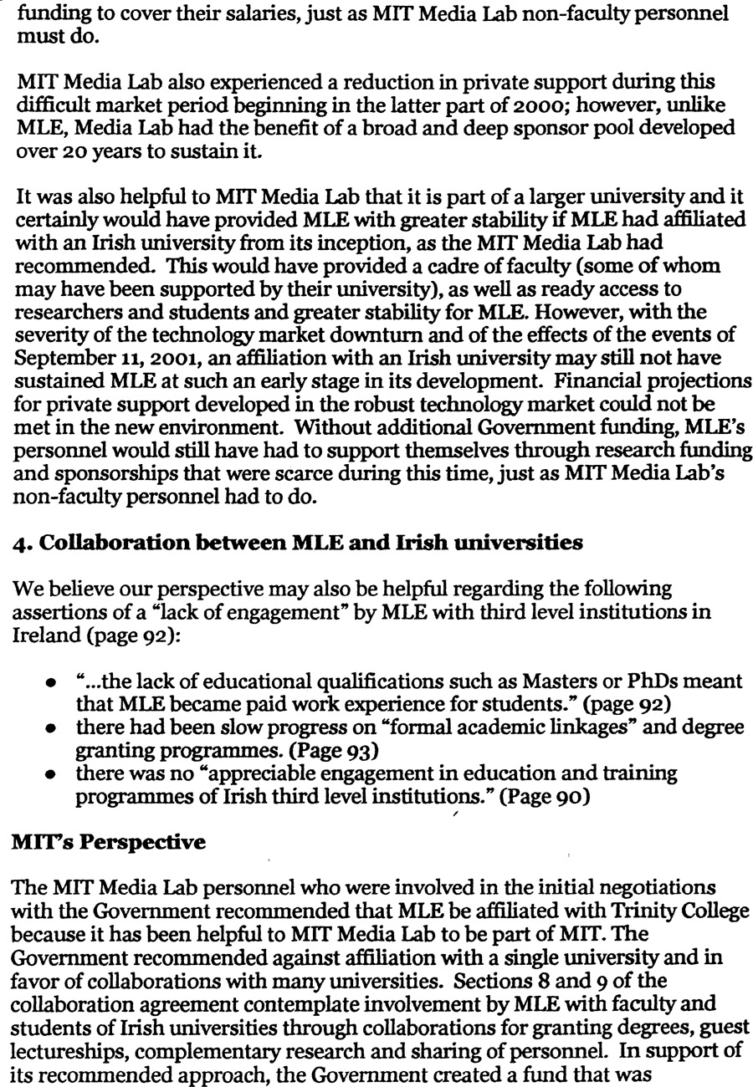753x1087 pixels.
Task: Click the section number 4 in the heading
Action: point(19,543)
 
